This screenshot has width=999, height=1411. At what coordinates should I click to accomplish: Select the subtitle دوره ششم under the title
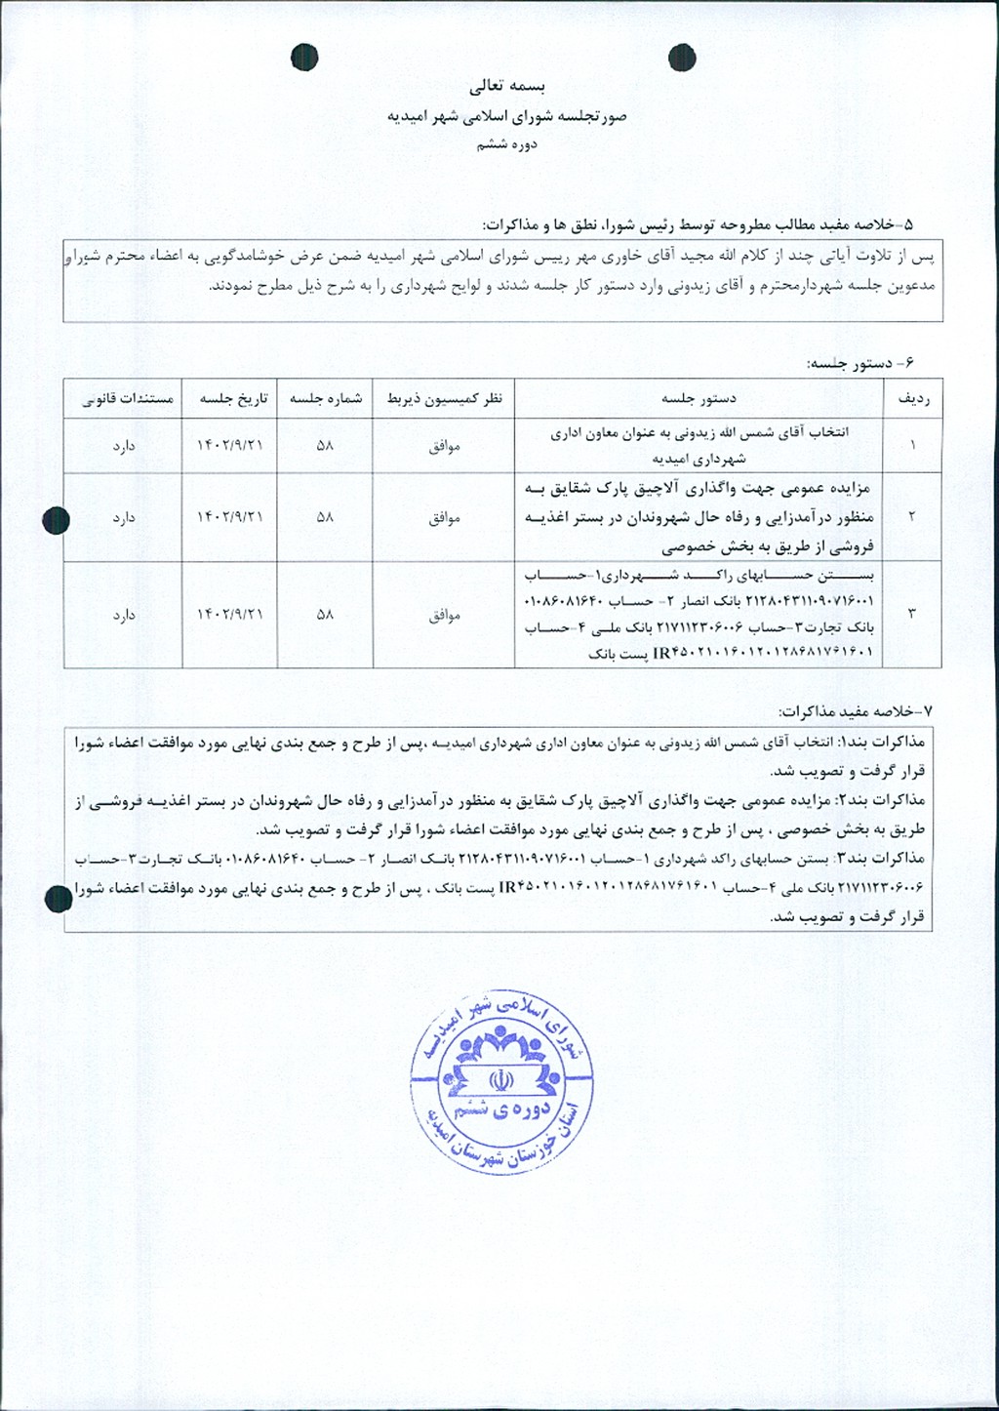(507, 144)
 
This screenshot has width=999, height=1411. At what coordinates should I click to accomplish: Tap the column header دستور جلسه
(699, 398)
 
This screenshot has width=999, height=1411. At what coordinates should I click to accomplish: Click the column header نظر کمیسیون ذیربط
(444, 398)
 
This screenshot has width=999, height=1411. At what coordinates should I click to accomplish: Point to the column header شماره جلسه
(325, 398)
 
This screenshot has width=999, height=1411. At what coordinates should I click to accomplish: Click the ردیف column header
(912, 398)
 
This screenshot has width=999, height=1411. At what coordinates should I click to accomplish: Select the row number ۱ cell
(912, 445)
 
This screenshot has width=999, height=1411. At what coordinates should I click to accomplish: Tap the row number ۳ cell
(912, 614)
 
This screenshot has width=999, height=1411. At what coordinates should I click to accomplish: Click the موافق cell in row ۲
(444, 518)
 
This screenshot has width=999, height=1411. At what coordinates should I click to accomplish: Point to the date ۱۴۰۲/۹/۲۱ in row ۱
(230, 445)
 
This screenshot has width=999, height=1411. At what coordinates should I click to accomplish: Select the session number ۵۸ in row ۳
(325, 615)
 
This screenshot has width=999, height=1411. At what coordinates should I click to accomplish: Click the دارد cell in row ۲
(124, 518)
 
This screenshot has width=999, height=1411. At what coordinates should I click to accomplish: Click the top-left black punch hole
(304, 58)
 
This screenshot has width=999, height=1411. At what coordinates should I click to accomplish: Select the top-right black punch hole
(682, 59)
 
